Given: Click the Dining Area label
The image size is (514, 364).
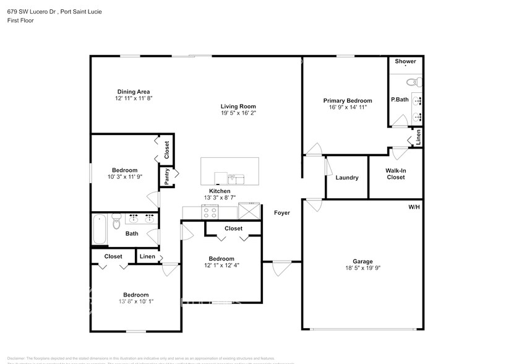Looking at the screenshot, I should [134, 92].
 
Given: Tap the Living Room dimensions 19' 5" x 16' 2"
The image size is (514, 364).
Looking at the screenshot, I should [238, 113].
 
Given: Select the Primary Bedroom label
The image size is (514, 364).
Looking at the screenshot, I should [348, 100].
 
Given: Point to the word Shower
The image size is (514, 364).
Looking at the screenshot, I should [406, 61].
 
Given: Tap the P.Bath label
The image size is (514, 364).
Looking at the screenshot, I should [400, 100].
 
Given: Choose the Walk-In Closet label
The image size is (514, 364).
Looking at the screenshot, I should [395, 173].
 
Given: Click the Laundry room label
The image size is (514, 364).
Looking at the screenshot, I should [347, 178].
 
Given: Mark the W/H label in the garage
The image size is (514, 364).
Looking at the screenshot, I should [414, 206].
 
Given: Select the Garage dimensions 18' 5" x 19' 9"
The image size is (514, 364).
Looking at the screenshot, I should [362, 269].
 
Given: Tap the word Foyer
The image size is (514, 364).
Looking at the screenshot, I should [282, 213].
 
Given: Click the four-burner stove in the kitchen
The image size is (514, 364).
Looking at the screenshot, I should [210, 213].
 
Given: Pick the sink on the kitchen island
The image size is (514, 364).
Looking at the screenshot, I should [236, 179].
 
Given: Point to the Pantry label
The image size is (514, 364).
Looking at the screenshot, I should [167, 177].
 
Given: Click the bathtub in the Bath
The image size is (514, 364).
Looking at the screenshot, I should [99, 230].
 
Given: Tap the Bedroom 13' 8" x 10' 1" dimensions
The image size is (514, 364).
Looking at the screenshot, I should [135, 302].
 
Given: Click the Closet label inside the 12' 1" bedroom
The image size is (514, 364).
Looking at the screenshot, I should [233, 228].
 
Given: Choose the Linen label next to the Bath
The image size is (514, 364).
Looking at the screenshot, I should [147, 256].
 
